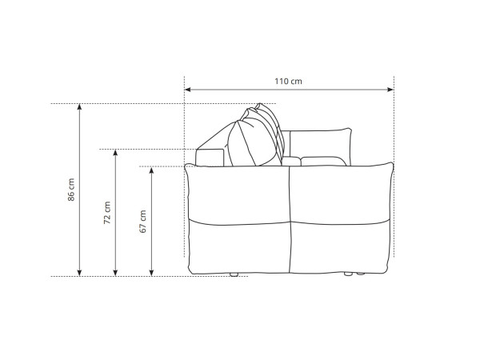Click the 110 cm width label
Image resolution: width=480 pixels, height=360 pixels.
pos(288,82)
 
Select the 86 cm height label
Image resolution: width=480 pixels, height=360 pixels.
pos(71,190)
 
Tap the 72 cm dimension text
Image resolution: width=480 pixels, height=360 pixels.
pos(107,213)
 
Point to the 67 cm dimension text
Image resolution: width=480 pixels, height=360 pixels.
pos(143,222)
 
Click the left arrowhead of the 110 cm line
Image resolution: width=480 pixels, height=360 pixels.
pos(188,90)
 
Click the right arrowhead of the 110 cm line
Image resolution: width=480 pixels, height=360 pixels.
pos(390,90)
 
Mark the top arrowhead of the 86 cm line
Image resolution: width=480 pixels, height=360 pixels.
pos(79,107)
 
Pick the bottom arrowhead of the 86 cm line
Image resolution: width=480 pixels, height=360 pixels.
pos(79,273)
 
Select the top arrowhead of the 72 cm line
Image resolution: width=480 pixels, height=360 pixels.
pos(115,153)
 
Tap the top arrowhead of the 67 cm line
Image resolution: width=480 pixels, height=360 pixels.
pos(151,170)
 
